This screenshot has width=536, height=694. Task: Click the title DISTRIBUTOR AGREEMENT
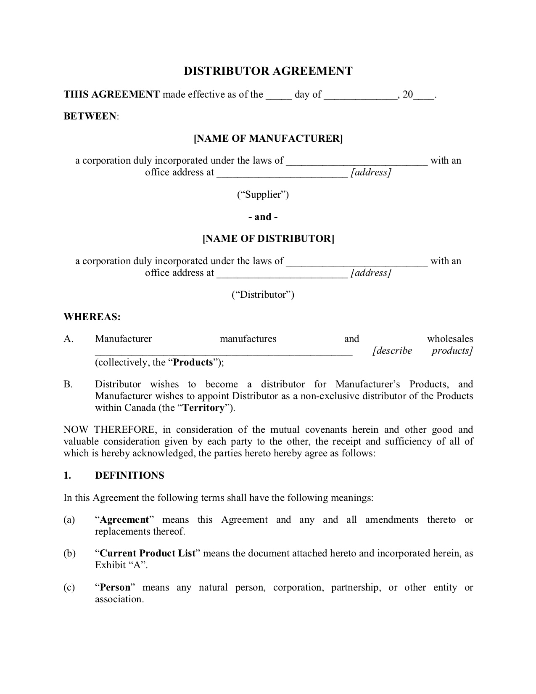point(268,71)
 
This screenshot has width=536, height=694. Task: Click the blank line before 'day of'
point(278,95)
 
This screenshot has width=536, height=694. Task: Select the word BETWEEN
point(90,116)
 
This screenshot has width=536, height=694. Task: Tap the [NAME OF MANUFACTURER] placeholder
point(268,138)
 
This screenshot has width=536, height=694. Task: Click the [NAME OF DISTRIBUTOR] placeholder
point(268,239)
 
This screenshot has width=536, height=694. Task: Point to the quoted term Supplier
point(263,194)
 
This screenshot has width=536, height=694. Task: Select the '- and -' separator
point(263,217)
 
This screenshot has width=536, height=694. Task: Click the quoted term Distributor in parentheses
point(263,294)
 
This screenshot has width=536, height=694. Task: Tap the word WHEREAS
point(92,317)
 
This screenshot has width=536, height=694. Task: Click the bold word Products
point(193,363)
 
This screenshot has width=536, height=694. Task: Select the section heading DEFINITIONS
point(129,475)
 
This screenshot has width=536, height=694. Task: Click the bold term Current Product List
point(148,554)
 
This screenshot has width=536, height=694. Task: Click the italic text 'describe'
point(393,351)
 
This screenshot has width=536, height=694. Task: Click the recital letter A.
point(68,339)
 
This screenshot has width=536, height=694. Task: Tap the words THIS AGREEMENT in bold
point(111,94)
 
